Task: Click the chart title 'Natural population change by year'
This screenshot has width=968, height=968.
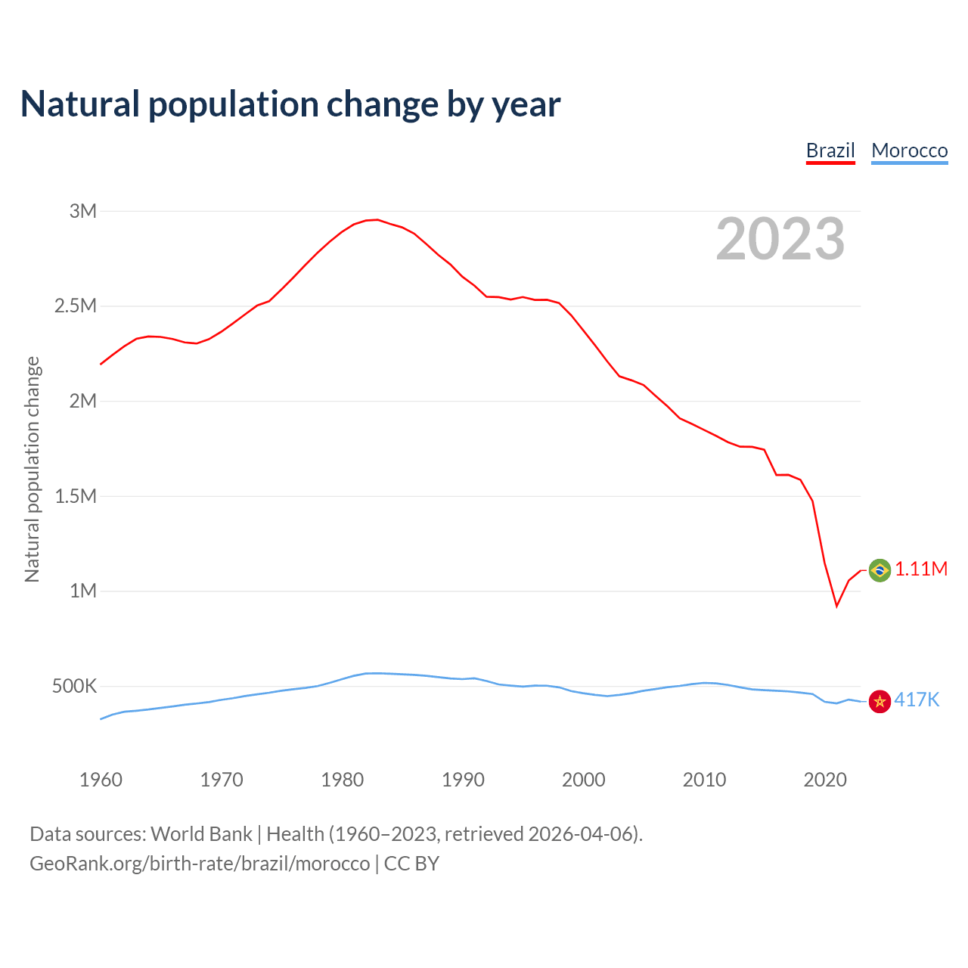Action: point(290,104)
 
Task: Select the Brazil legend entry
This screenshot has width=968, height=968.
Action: point(830,150)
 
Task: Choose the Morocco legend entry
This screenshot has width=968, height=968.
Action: point(909,150)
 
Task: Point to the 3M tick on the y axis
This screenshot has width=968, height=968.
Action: point(83,211)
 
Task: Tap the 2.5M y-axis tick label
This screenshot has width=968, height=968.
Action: point(76,306)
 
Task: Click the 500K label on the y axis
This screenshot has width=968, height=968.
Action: point(75,687)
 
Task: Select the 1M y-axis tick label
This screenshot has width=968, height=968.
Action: point(83,591)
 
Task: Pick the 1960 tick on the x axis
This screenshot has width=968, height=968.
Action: point(101,780)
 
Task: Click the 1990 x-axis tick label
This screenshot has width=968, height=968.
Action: point(463,780)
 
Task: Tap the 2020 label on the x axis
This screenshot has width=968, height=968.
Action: point(825,780)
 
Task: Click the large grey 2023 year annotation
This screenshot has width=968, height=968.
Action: point(780,239)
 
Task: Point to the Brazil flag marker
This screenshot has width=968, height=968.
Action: point(880,569)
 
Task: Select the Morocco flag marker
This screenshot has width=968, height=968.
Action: point(880,701)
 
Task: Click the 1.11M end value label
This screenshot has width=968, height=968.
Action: point(921,569)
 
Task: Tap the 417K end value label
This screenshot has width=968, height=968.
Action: point(917,700)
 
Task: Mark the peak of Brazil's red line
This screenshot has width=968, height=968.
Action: point(377,220)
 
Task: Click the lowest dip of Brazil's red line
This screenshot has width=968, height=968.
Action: point(836,606)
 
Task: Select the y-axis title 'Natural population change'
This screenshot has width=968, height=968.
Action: point(33,469)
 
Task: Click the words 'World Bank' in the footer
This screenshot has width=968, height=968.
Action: point(201,834)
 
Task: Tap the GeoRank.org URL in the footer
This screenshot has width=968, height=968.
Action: point(200,864)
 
